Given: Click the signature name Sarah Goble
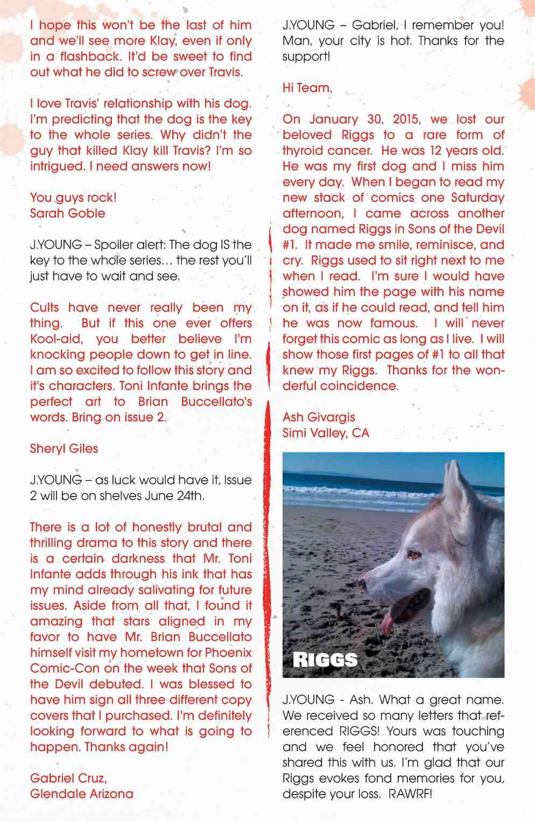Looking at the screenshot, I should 67,213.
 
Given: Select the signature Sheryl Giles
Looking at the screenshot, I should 64,448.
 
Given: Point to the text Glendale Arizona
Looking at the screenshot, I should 82,793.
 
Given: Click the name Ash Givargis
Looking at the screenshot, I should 319,417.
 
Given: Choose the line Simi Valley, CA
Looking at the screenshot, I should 326,433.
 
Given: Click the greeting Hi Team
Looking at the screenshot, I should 307,88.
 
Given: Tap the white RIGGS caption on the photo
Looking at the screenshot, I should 325,660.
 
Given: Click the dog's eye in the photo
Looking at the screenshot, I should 414,553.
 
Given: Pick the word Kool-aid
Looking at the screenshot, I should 57,339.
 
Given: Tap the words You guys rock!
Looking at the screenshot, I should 73,197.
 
